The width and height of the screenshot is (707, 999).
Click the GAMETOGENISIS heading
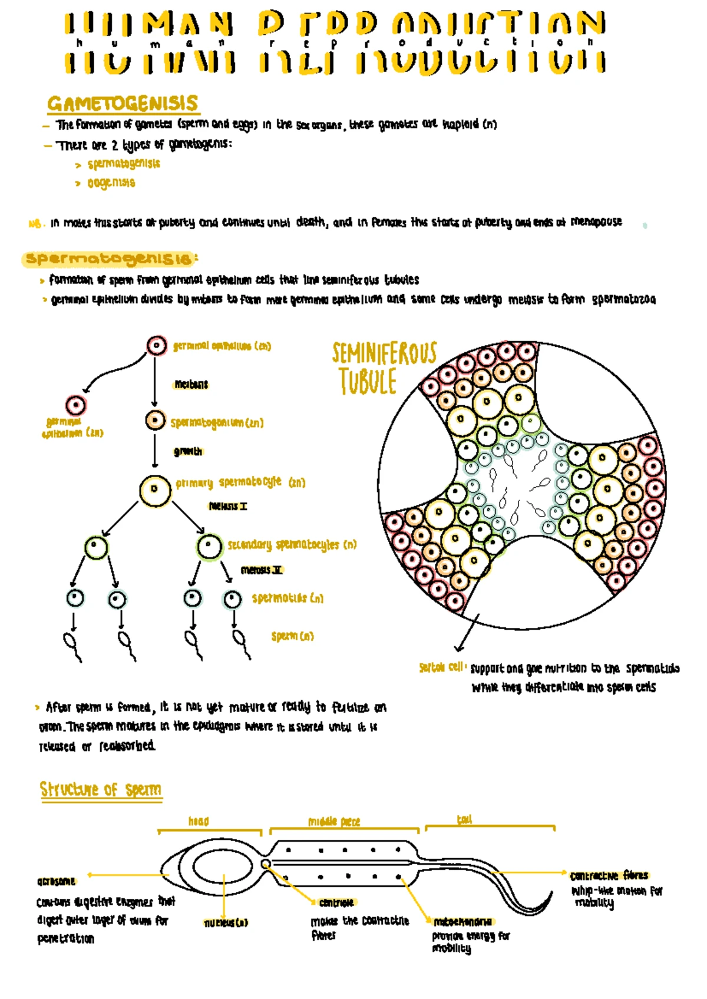point(123,104)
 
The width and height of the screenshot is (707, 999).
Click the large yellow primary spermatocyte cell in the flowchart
point(155,490)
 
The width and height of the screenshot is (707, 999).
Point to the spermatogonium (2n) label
point(217,423)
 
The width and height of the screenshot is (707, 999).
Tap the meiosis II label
point(262,570)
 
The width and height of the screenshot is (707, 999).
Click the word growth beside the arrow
point(187,452)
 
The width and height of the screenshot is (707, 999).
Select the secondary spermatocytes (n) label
point(292,545)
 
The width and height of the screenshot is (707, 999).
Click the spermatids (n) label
point(288,598)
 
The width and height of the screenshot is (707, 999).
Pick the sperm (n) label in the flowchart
point(292,636)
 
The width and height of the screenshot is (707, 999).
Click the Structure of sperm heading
point(101,789)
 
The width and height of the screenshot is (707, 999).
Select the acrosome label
point(57,881)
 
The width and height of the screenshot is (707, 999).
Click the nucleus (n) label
point(226,923)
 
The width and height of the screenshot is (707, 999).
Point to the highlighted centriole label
point(336,902)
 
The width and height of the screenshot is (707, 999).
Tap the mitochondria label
point(462,922)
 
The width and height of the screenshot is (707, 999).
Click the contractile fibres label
point(609,875)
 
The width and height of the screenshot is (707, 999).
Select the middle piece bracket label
point(334,822)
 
